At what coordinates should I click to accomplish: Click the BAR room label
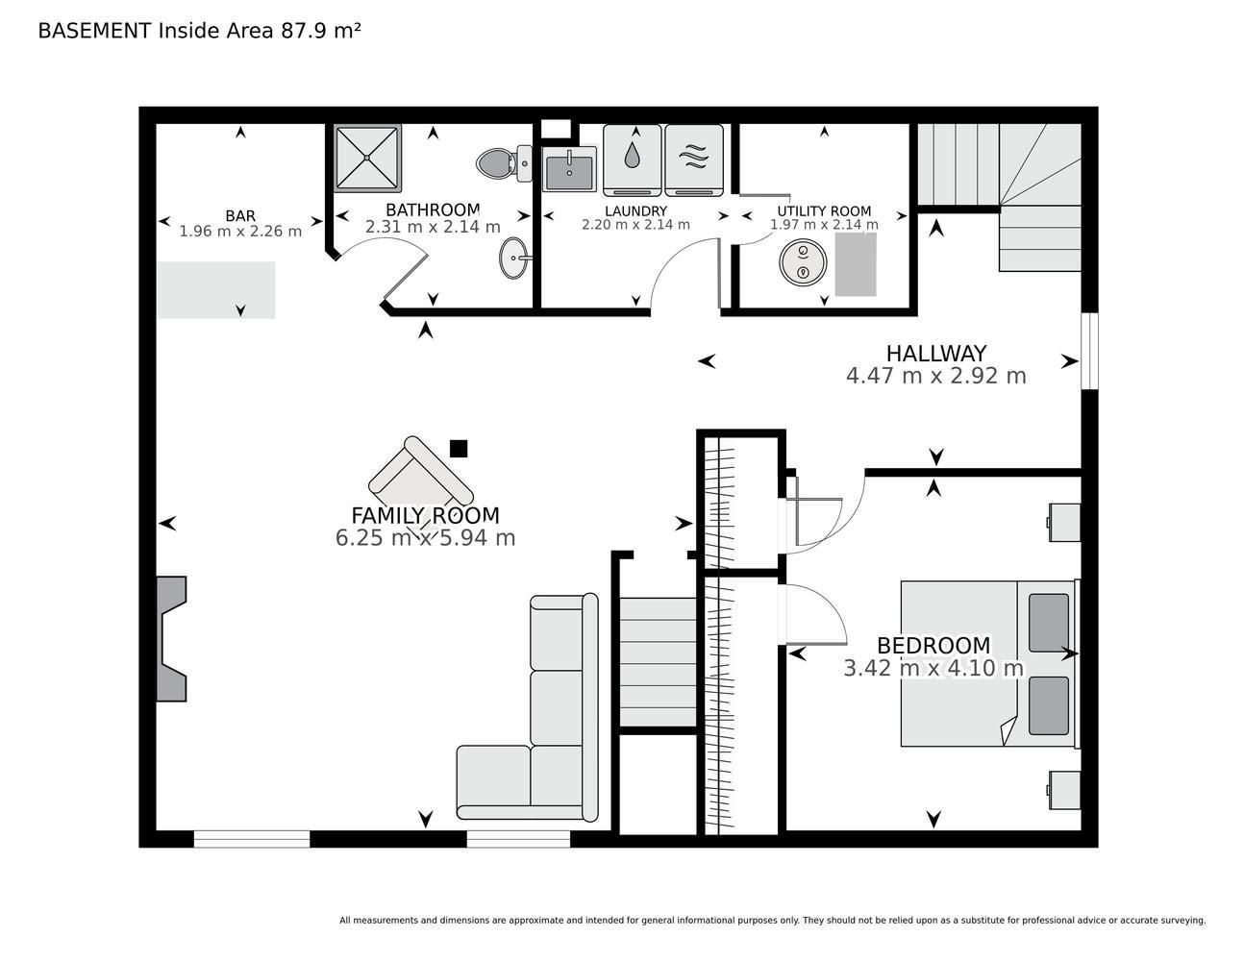pyautogui.click(x=240, y=215)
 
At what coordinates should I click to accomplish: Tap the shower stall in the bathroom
pyautogui.click(x=367, y=158)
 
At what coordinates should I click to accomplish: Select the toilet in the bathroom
pyautogui.click(x=504, y=163)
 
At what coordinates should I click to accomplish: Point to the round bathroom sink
pyautogui.click(x=514, y=258)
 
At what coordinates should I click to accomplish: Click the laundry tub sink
pyautogui.click(x=569, y=169)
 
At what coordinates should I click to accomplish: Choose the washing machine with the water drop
pyautogui.click(x=632, y=160)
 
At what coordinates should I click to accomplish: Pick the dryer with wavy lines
pyautogui.click(x=694, y=160)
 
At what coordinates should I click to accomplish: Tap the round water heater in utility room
pyautogui.click(x=803, y=260)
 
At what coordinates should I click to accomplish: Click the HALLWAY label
pyautogui.click(x=936, y=354)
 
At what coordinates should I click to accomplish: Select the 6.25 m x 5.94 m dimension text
pyautogui.click(x=425, y=538)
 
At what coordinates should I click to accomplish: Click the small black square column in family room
pyautogui.click(x=459, y=449)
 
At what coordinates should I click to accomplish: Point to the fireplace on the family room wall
pyautogui.click(x=171, y=638)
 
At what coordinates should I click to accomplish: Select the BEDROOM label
pyautogui.click(x=933, y=646)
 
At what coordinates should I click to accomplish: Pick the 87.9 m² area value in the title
pyautogui.click(x=320, y=31)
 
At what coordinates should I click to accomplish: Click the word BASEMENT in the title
pyautogui.click(x=94, y=31)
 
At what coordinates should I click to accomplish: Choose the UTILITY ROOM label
pyautogui.click(x=824, y=211)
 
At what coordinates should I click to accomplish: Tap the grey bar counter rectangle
pyautogui.click(x=216, y=290)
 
